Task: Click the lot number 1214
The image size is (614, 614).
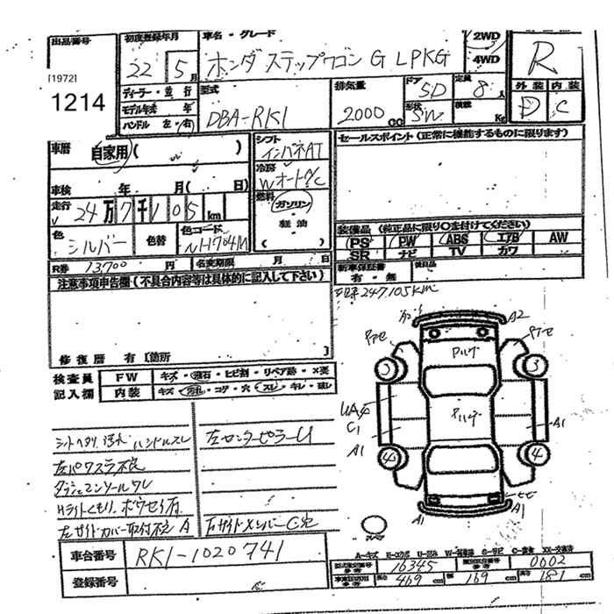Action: [x=77, y=103]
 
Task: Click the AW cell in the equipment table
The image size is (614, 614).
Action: [x=559, y=239]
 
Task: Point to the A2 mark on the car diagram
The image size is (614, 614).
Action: [x=518, y=316]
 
